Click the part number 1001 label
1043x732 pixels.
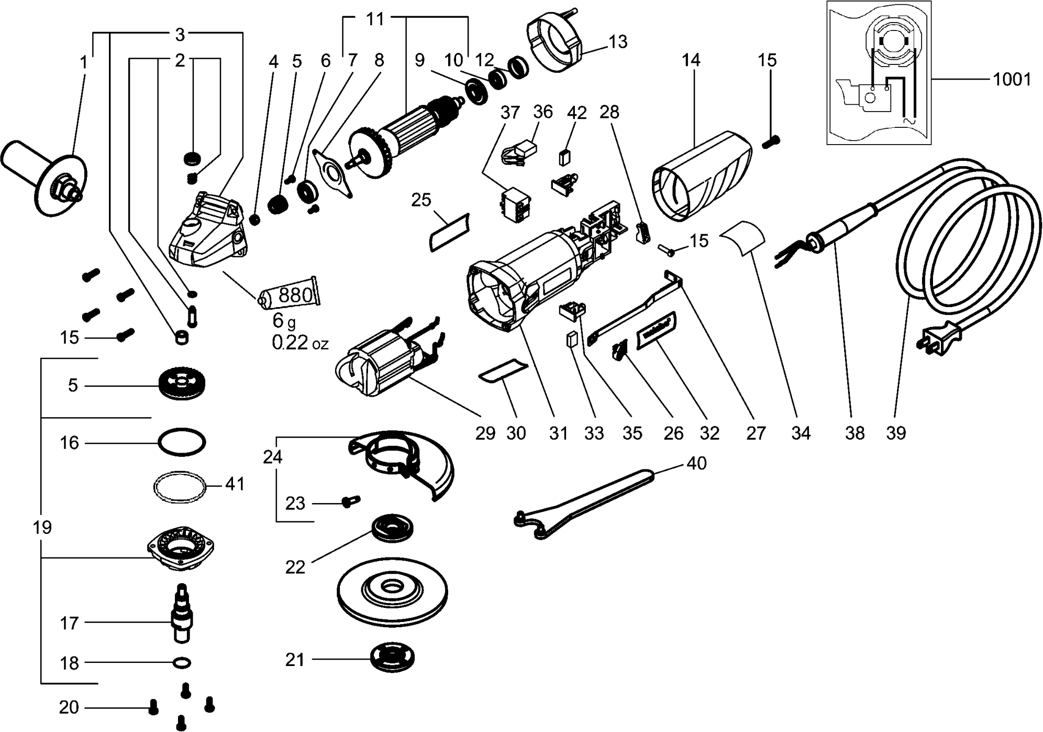click(x=1012, y=80)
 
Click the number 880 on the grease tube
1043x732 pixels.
click(x=296, y=295)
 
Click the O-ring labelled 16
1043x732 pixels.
click(x=181, y=443)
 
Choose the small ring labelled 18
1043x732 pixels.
click(x=181, y=663)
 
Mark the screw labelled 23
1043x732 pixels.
click(x=349, y=501)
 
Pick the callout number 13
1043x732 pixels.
click(x=618, y=41)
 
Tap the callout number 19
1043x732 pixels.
click(x=42, y=527)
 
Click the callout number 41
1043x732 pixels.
click(x=235, y=484)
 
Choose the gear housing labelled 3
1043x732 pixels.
click(x=207, y=231)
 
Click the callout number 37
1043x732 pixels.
click(x=510, y=112)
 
